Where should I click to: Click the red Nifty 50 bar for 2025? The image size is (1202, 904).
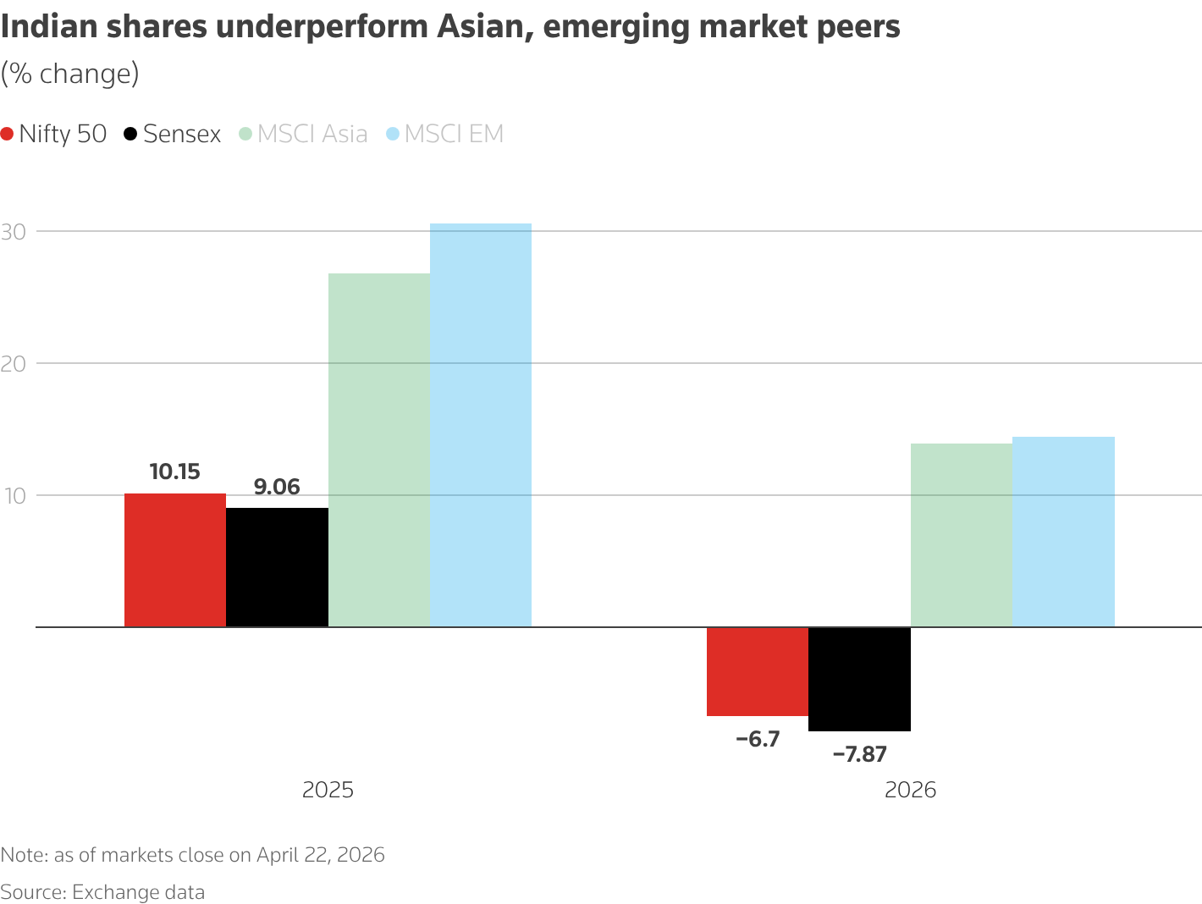click(x=175, y=559)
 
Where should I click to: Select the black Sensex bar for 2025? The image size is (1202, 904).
click(x=277, y=567)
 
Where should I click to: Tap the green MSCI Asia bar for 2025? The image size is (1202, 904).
click(x=378, y=449)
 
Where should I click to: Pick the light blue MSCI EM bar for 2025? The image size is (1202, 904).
click(x=481, y=425)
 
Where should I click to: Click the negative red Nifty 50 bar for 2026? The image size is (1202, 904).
click(x=758, y=671)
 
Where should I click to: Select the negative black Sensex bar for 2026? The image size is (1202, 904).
click(x=859, y=679)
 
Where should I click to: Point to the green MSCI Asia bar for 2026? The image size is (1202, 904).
click(x=961, y=535)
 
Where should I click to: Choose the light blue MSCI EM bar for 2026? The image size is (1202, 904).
click(x=1063, y=532)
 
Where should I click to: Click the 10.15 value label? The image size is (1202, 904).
click(x=175, y=471)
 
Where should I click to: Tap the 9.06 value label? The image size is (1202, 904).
click(x=277, y=487)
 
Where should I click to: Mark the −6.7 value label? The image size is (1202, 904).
click(x=758, y=739)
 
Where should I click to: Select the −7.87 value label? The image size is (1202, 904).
click(x=859, y=754)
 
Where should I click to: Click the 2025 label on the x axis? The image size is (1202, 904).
click(x=328, y=790)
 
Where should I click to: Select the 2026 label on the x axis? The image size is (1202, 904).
click(x=910, y=790)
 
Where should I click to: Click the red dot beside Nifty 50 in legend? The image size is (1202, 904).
click(x=8, y=134)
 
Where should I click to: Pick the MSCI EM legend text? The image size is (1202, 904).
click(x=454, y=134)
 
